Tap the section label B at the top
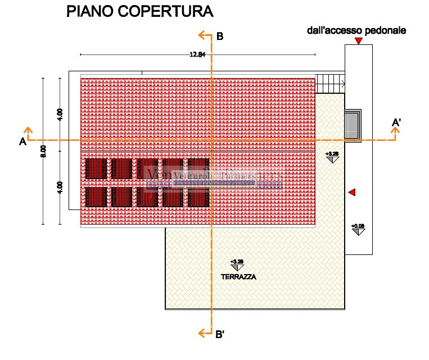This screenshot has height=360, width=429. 220,37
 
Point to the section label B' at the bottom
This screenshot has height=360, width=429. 220,335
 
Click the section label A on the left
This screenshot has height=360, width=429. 23,142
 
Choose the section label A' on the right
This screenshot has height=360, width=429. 396,123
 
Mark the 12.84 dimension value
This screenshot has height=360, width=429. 197,54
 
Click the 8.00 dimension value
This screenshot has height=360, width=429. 43,152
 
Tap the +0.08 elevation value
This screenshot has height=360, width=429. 358,226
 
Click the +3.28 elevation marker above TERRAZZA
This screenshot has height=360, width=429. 237,262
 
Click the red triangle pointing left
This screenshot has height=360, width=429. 352,193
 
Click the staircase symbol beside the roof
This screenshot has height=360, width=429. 330,84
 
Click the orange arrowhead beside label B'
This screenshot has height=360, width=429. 202,334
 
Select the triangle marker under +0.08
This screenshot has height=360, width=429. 358,232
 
